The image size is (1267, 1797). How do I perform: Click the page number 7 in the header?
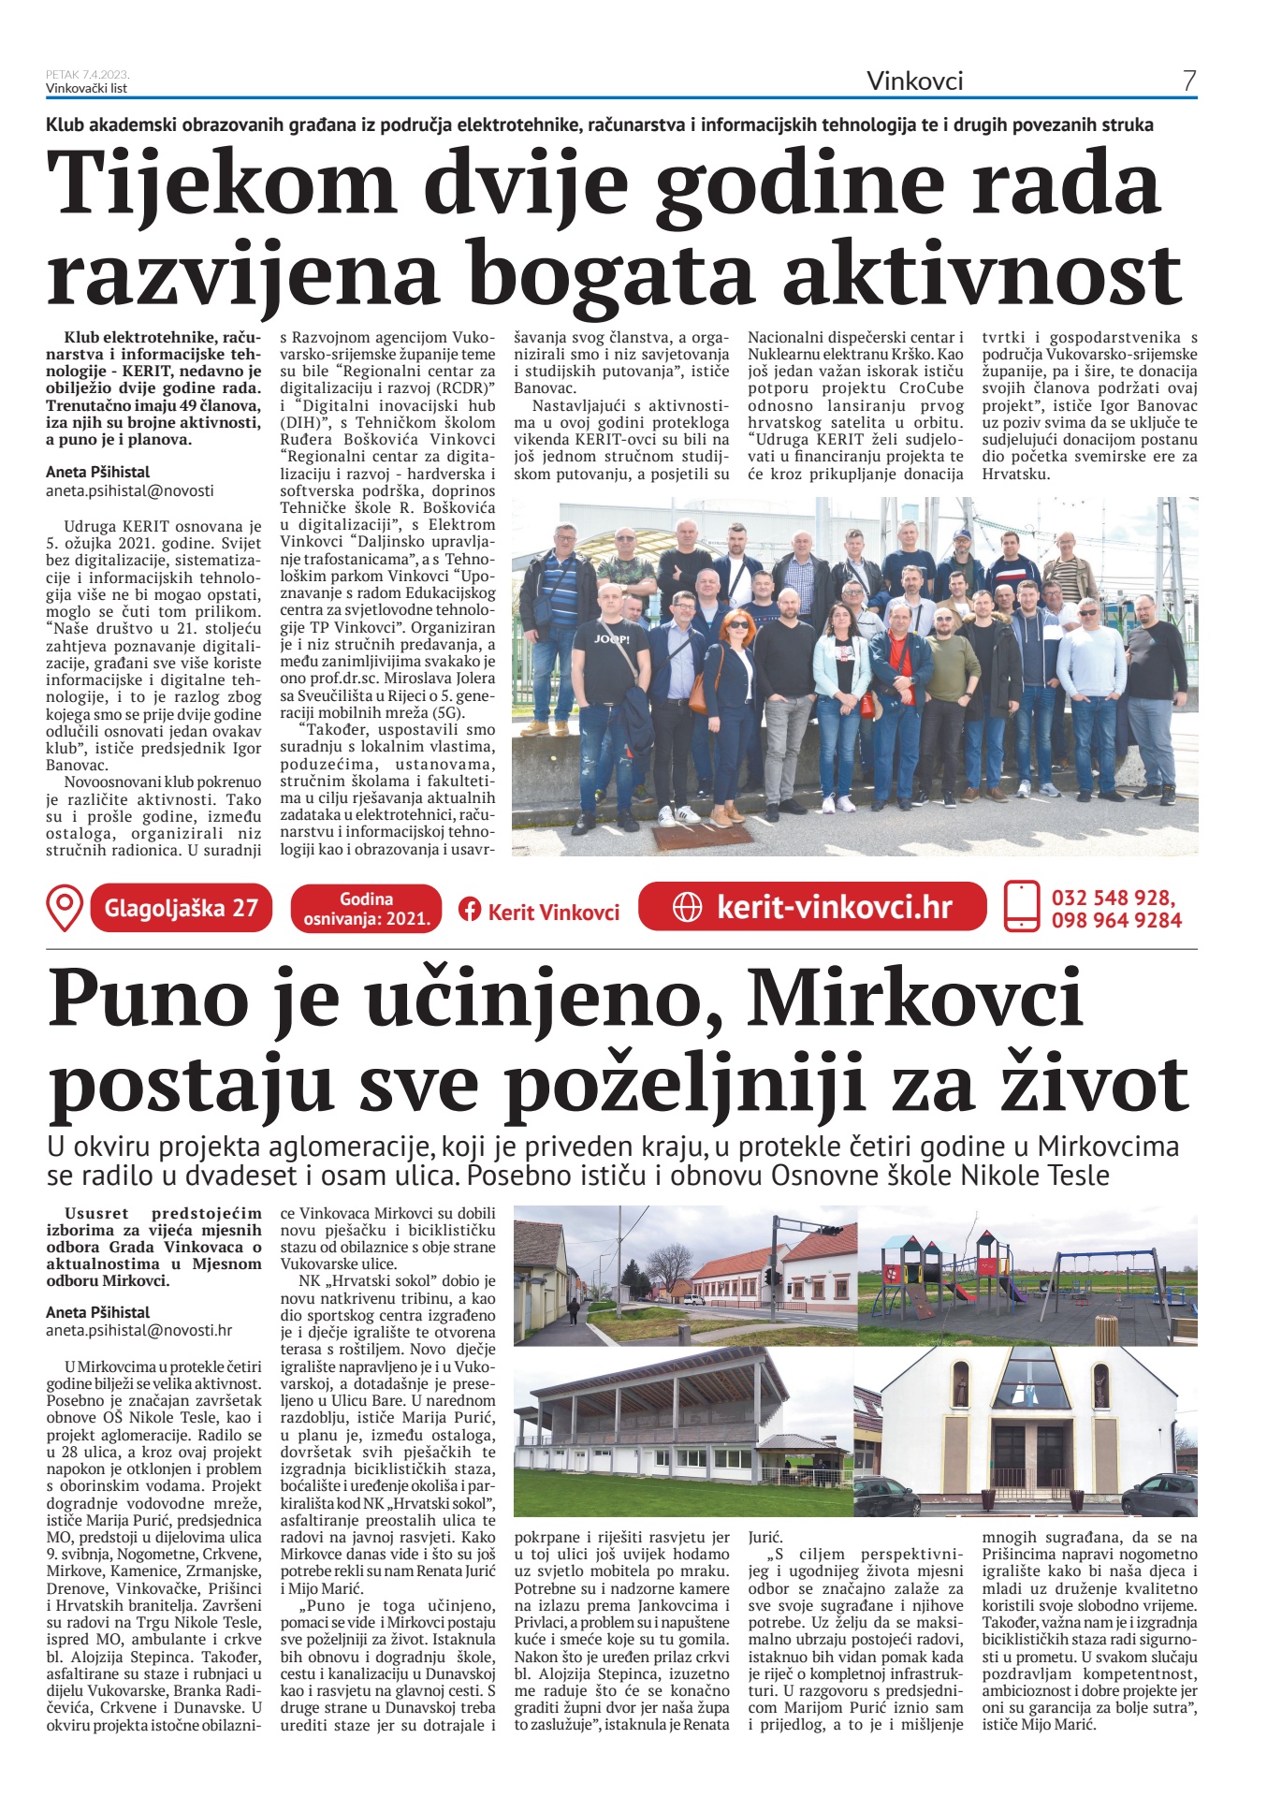[x=1188, y=81]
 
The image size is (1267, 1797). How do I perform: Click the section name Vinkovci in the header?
[x=914, y=81]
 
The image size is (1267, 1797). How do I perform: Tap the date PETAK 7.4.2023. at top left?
[x=88, y=75]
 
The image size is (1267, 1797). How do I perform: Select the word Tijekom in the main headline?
[x=222, y=185]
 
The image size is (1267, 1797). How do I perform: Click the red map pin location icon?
[x=65, y=908]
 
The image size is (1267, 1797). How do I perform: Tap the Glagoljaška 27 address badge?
[x=181, y=908]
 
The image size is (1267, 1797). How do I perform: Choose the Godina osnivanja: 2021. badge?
[x=366, y=909]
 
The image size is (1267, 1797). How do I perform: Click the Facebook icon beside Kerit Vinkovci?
[x=470, y=910]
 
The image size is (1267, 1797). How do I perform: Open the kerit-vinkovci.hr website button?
[x=812, y=907]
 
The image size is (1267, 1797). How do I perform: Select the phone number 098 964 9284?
[x=1115, y=920]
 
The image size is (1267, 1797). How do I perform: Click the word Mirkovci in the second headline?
[x=914, y=998]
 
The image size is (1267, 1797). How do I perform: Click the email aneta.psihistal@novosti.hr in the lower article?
[x=139, y=1330]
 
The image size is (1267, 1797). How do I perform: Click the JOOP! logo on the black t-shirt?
[x=611, y=638]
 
